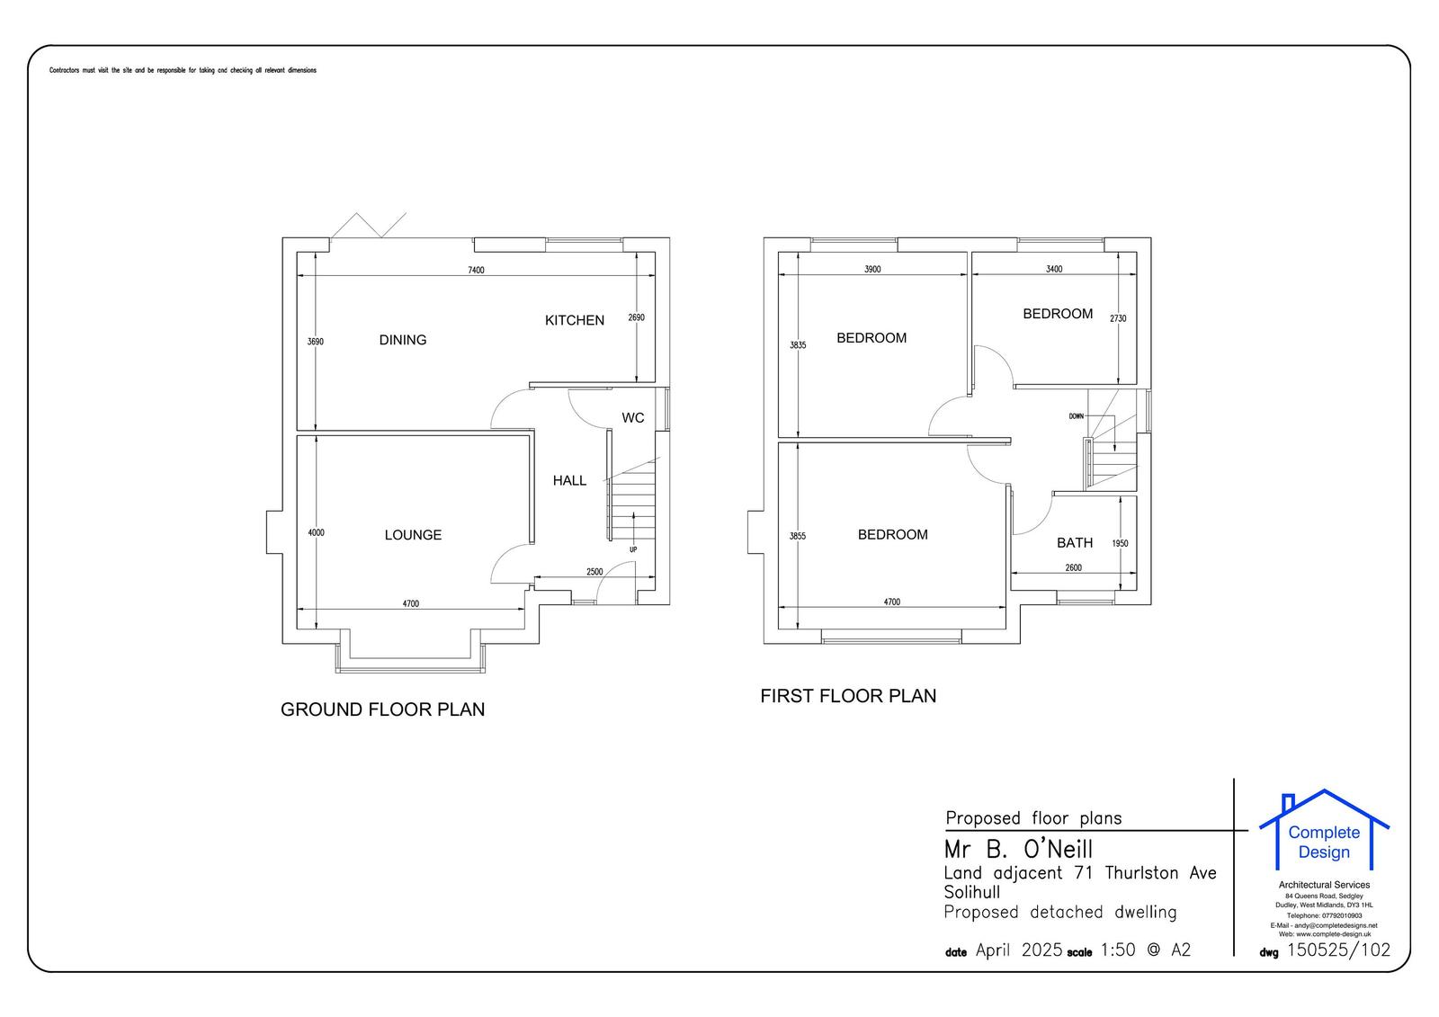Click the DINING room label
[402, 340]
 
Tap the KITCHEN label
[574, 320]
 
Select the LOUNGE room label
[413, 535]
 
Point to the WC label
[632, 418]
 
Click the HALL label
[569, 481]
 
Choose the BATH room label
[1074, 543]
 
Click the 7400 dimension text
[476, 271]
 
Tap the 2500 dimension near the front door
[594, 572]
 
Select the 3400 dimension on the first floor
[1054, 269]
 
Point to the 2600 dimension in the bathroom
[1073, 568]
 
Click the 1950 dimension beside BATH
[1120, 544]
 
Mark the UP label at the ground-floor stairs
[633, 549]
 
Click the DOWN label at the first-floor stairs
[1077, 416]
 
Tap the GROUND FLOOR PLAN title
[382, 709]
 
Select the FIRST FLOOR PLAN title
[848, 696]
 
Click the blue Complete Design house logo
[1323, 832]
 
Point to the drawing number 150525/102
[1338, 950]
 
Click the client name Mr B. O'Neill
[1018, 849]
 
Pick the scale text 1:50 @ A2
[1145, 950]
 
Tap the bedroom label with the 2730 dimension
[1058, 314]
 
